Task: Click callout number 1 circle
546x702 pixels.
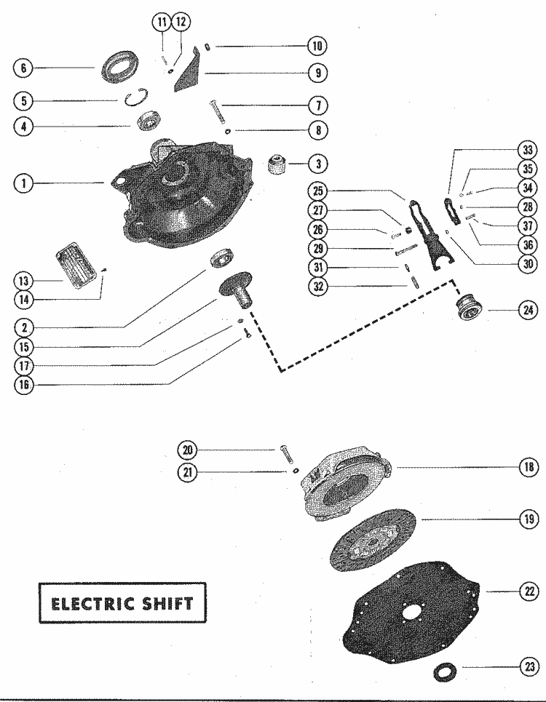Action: click(x=24, y=184)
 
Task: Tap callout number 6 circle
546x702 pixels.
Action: click(x=24, y=69)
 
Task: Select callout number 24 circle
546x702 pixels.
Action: click(x=526, y=309)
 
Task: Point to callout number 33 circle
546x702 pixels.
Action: click(x=526, y=151)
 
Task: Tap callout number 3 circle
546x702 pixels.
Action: click(x=317, y=164)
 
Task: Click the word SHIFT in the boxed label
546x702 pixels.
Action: click(x=169, y=603)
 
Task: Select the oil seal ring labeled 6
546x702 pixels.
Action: click(x=116, y=67)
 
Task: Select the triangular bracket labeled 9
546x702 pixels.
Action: click(x=191, y=70)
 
